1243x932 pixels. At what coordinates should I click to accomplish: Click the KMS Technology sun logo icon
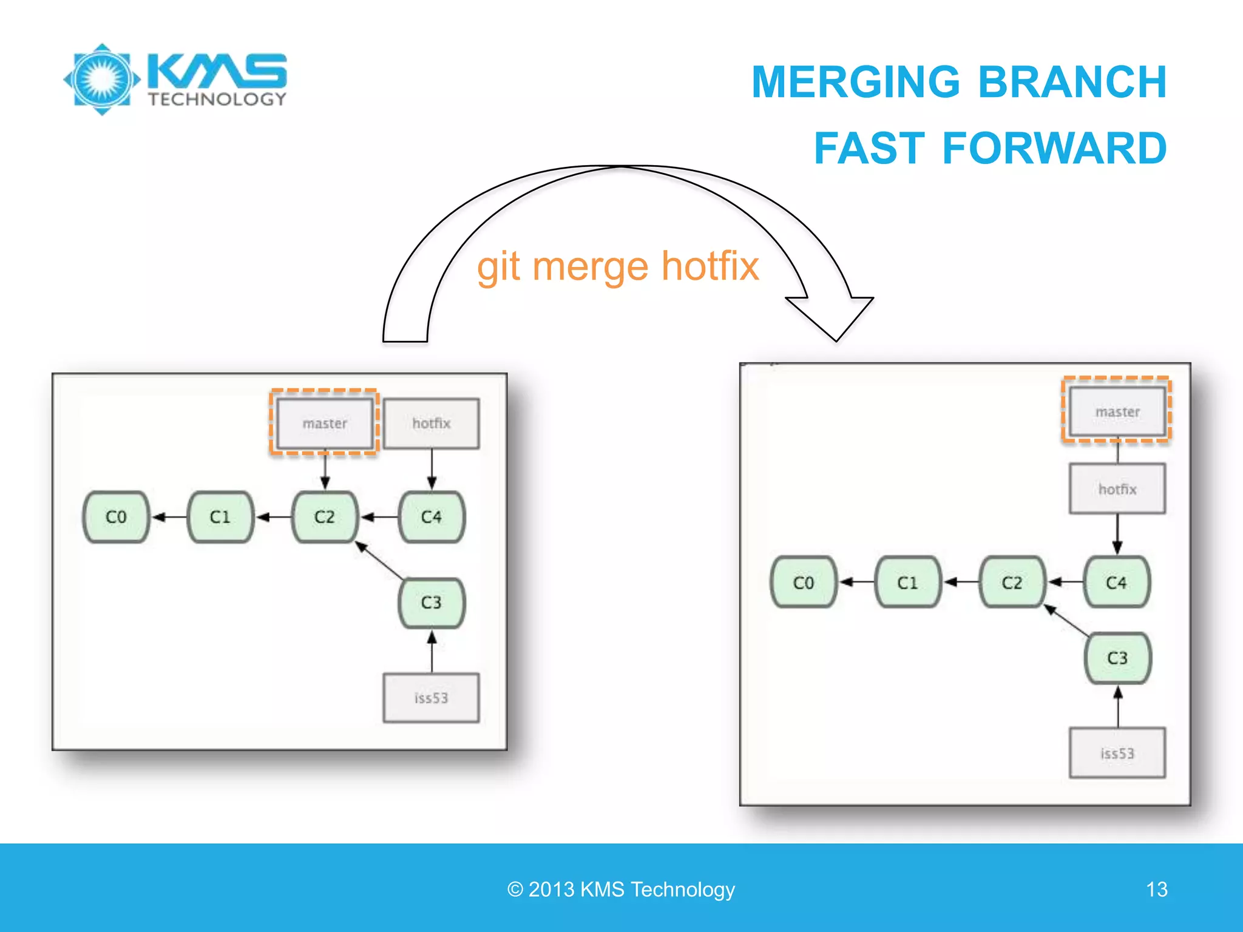click(x=102, y=79)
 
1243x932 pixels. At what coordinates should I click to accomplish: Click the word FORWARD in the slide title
click(x=1054, y=149)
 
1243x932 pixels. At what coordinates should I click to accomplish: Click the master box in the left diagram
click(x=325, y=423)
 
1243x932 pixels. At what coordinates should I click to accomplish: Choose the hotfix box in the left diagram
click(x=432, y=423)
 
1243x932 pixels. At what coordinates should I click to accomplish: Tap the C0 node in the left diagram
click(x=116, y=517)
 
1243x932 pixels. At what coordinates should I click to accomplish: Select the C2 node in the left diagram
click(x=325, y=517)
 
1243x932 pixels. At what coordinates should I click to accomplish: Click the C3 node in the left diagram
click(x=432, y=603)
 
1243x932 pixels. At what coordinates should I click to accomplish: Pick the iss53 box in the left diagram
click(x=432, y=698)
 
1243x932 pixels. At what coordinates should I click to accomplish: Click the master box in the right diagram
click(x=1117, y=412)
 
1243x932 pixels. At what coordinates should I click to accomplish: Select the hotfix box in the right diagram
click(x=1117, y=489)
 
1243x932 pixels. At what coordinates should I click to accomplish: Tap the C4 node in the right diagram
click(x=1116, y=582)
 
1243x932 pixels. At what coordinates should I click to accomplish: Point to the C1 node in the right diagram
click(x=908, y=582)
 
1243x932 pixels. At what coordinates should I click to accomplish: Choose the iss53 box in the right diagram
click(x=1117, y=753)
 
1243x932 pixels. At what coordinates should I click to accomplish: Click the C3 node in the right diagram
click(x=1117, y=658)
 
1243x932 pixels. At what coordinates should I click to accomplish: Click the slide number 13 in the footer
click(x=1157, y=890)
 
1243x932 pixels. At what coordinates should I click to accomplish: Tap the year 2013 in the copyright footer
click(x=551, y=890)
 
